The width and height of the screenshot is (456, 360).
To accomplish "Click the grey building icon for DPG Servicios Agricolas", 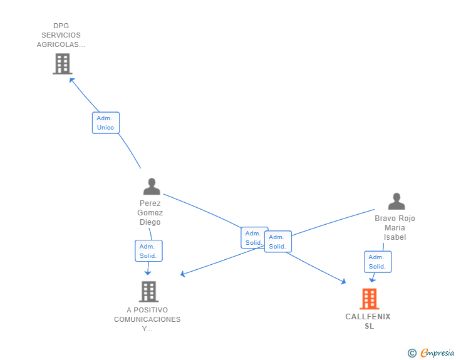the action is pos(63,64).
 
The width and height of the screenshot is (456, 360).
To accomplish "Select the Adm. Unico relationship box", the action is pos(106,123).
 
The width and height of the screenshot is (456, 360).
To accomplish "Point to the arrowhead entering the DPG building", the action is pos(71,80).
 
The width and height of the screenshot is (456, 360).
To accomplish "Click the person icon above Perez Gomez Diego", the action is pos(152,187).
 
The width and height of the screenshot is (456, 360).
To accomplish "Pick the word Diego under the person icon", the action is pos(150,222).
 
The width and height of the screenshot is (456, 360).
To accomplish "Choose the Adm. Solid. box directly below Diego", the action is pos(148,250).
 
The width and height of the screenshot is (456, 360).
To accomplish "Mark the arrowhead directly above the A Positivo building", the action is pos(148,273).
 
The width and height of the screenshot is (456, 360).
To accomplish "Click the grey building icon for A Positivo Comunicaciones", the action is pos(148,292).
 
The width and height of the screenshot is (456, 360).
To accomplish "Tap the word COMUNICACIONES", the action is pos(147,319).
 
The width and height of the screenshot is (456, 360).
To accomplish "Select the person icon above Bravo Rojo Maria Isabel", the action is pos(396,201).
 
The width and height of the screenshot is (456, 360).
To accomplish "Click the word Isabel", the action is pos(395,237).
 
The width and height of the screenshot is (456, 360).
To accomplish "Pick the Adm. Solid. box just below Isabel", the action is pos(378,262).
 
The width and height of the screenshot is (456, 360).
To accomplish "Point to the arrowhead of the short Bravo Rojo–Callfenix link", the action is pos(372,280).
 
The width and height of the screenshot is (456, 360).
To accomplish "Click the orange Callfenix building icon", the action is pos(370,299).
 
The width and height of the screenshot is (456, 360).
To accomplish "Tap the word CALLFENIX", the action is pos(368,317).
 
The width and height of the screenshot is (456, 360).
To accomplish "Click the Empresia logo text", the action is pos(437,352).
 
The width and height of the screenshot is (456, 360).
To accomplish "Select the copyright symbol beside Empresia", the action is pos(412,353).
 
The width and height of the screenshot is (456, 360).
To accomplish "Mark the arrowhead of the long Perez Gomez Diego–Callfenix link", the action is pos(343,282).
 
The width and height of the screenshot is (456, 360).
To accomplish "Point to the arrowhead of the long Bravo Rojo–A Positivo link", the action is pos(183,274).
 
